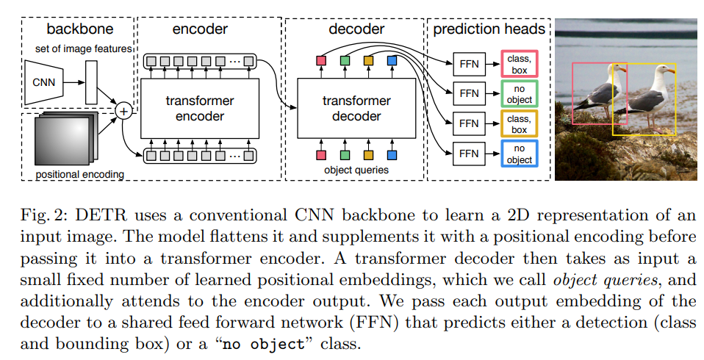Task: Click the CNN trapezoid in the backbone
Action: tap(44, 82)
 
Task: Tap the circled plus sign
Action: tap(123, 110)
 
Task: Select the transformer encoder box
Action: tap(200, 109)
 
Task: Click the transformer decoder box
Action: tap(356, 109)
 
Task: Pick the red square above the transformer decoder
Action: tap(321, 60)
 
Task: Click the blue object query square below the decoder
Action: tap(392, 155)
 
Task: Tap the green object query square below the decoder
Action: tap(345, 155)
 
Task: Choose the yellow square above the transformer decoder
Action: tap(369, 60)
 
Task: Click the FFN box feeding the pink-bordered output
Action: tap(469, 64)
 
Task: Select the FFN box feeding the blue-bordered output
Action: tap(469, 154)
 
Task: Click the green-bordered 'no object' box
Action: tap(520, 94)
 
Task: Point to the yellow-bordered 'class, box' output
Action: tap(520, 124)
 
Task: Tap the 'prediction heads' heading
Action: tap(489, 29)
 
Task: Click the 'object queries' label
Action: tap(356, 170)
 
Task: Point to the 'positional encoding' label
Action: tap(80, 174)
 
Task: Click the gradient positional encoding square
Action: tap(63, 139)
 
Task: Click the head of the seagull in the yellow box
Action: tap(661, 71)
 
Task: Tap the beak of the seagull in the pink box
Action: tap(622, 69)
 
